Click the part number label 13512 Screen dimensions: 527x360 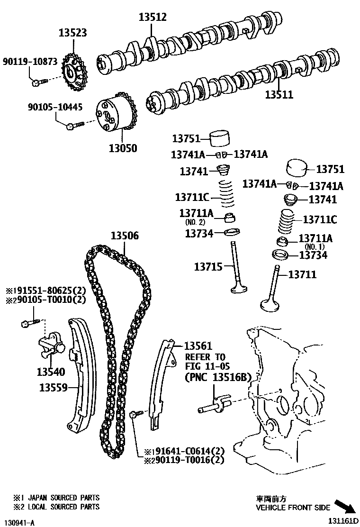(x=153, y=17)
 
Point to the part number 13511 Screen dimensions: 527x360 (x=279, y=95)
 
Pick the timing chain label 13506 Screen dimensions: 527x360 (x=125, y=236)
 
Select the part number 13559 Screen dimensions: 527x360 (x=54, y=388)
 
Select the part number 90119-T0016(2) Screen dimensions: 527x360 (x=188, y=459)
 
